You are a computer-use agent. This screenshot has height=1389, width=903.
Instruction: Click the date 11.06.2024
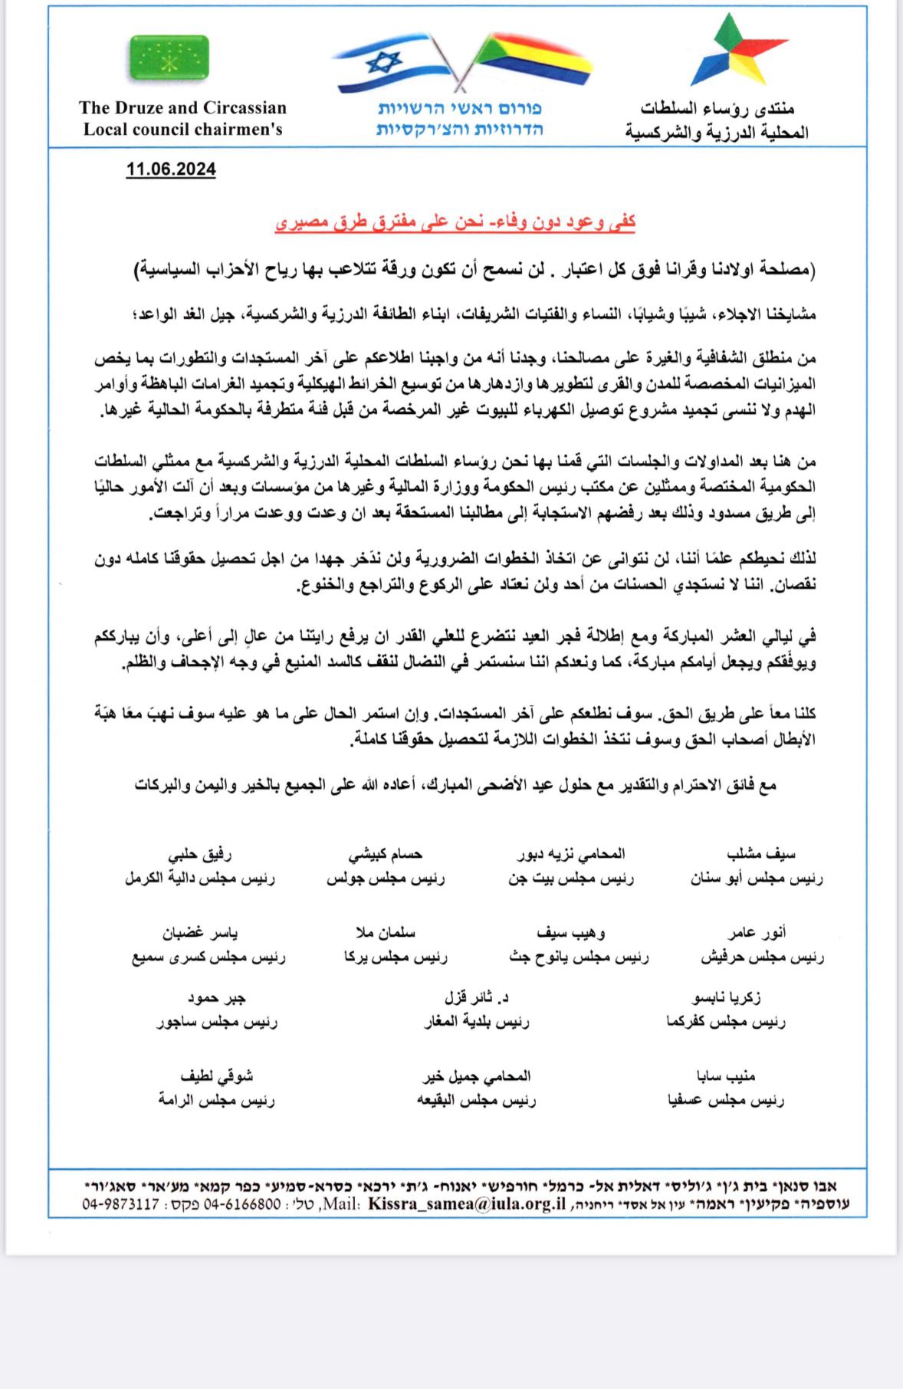171,169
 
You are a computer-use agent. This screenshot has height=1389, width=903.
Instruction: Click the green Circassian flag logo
169,57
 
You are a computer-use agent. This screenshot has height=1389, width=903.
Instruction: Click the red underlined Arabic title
455,222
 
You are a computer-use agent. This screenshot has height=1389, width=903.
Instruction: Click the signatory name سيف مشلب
760,853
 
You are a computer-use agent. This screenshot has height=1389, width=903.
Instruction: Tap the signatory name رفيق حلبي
200,854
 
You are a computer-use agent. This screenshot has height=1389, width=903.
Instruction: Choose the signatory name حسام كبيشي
386,854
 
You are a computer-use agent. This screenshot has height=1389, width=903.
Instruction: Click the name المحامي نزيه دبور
571,853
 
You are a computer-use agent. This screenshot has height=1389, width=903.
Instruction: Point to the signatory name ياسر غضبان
200,933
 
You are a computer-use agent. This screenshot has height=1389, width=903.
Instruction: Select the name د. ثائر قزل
477,997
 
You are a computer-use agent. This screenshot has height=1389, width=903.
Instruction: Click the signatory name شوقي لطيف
217,1076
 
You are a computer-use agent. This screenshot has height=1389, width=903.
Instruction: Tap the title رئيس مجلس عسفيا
726,1100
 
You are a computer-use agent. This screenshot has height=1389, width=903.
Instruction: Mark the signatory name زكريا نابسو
726,997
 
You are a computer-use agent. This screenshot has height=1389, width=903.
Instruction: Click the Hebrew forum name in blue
459,118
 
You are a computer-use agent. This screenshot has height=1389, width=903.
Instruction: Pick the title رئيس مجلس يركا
396,956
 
